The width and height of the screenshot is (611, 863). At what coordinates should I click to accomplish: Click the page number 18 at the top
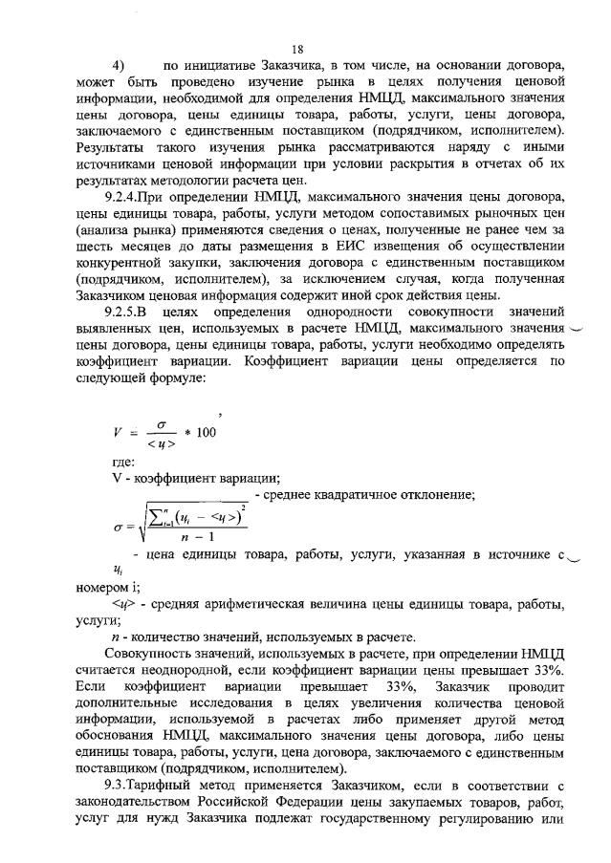click(x=297, y=50)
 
